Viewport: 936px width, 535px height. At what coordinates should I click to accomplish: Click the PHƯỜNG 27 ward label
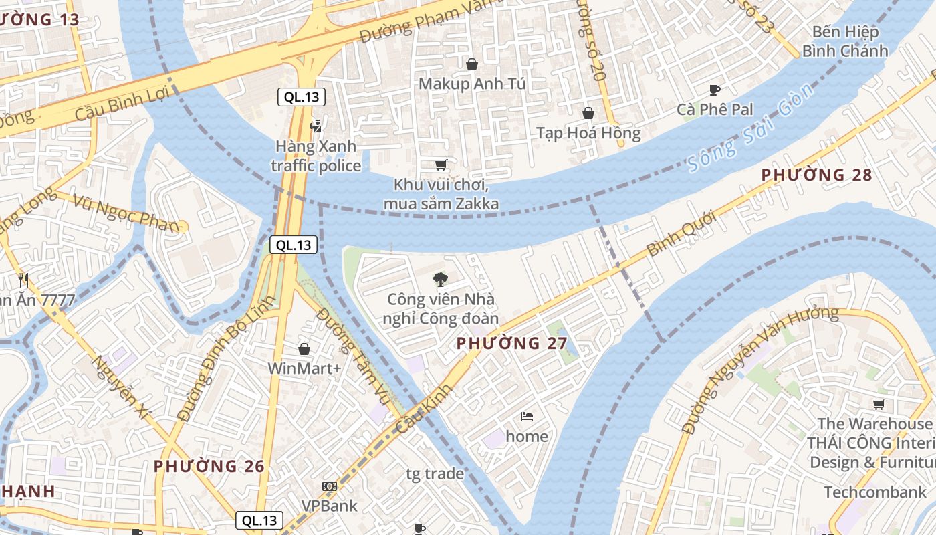pos(511,344)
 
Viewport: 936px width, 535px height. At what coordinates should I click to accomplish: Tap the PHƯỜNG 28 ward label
pos(816,175)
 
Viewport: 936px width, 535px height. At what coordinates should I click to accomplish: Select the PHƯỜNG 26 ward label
pos(209,466)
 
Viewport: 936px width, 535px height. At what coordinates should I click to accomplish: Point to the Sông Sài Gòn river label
pos(751,127)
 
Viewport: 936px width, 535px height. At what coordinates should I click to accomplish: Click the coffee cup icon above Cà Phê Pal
pos(714,90)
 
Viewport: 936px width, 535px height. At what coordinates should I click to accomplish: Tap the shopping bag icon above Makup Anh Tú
pos(472,64)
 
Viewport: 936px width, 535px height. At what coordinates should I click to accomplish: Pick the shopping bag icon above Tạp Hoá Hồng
pos(588,113)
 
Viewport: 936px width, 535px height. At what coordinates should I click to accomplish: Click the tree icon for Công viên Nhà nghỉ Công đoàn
pos(440,279)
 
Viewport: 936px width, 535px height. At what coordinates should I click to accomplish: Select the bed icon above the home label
pos(527,417)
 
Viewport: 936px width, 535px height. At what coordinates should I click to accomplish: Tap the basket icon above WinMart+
pos(304,349)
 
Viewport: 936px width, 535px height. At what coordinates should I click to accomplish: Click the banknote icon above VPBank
pos(329,486)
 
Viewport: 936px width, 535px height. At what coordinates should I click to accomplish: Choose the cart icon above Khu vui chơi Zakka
pos(441,165)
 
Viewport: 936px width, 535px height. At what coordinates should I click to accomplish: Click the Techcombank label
pos(874,492)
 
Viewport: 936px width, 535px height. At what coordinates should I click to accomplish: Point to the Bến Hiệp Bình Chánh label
pos(845,41)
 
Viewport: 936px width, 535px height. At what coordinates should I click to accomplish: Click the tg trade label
pos(435,474)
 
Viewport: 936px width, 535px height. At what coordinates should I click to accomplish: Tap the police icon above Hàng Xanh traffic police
pos(316,125)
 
